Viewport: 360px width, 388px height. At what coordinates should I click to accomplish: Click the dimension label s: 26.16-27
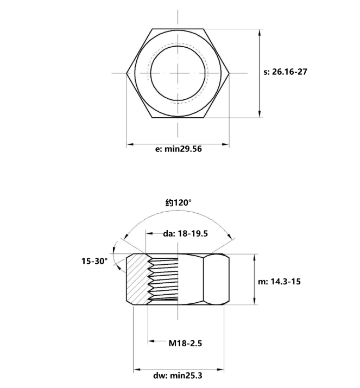tap(285, 72)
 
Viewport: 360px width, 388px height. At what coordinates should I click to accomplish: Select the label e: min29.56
tap(178, 149)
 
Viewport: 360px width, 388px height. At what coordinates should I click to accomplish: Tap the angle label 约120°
tap(179, 202)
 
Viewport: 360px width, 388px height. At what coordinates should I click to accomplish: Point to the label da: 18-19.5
tap(186, 234)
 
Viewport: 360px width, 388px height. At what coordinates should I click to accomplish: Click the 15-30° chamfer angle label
tap(95, 261)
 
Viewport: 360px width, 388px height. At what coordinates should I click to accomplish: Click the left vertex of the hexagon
tap(127, 73)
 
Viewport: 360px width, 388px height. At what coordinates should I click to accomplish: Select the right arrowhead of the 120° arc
tap(233, 237)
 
